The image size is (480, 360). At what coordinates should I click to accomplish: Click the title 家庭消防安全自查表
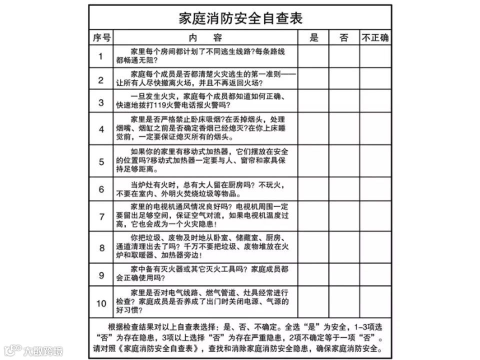(240, 18)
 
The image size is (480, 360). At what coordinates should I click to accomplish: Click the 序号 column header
(101, 38)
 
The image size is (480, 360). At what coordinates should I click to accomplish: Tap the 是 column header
(313, 38)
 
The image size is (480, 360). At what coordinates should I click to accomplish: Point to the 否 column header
(344, 38)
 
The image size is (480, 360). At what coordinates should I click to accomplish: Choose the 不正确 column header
(375, 38)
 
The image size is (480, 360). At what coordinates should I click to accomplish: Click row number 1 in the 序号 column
(101, 56)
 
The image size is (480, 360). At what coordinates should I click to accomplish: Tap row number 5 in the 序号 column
(101, 161)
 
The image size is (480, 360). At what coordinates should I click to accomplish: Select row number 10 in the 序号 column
(101, 303)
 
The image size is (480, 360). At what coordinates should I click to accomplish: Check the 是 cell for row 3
(313, 101)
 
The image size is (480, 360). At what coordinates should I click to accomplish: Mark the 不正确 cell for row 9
(375, 274)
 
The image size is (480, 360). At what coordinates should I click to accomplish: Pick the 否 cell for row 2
(344, 79)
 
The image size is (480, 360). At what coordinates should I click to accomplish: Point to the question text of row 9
(205, 274)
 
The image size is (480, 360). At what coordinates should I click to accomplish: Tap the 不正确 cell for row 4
(375, 128)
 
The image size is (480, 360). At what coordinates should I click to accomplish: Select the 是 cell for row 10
(313, 302)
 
